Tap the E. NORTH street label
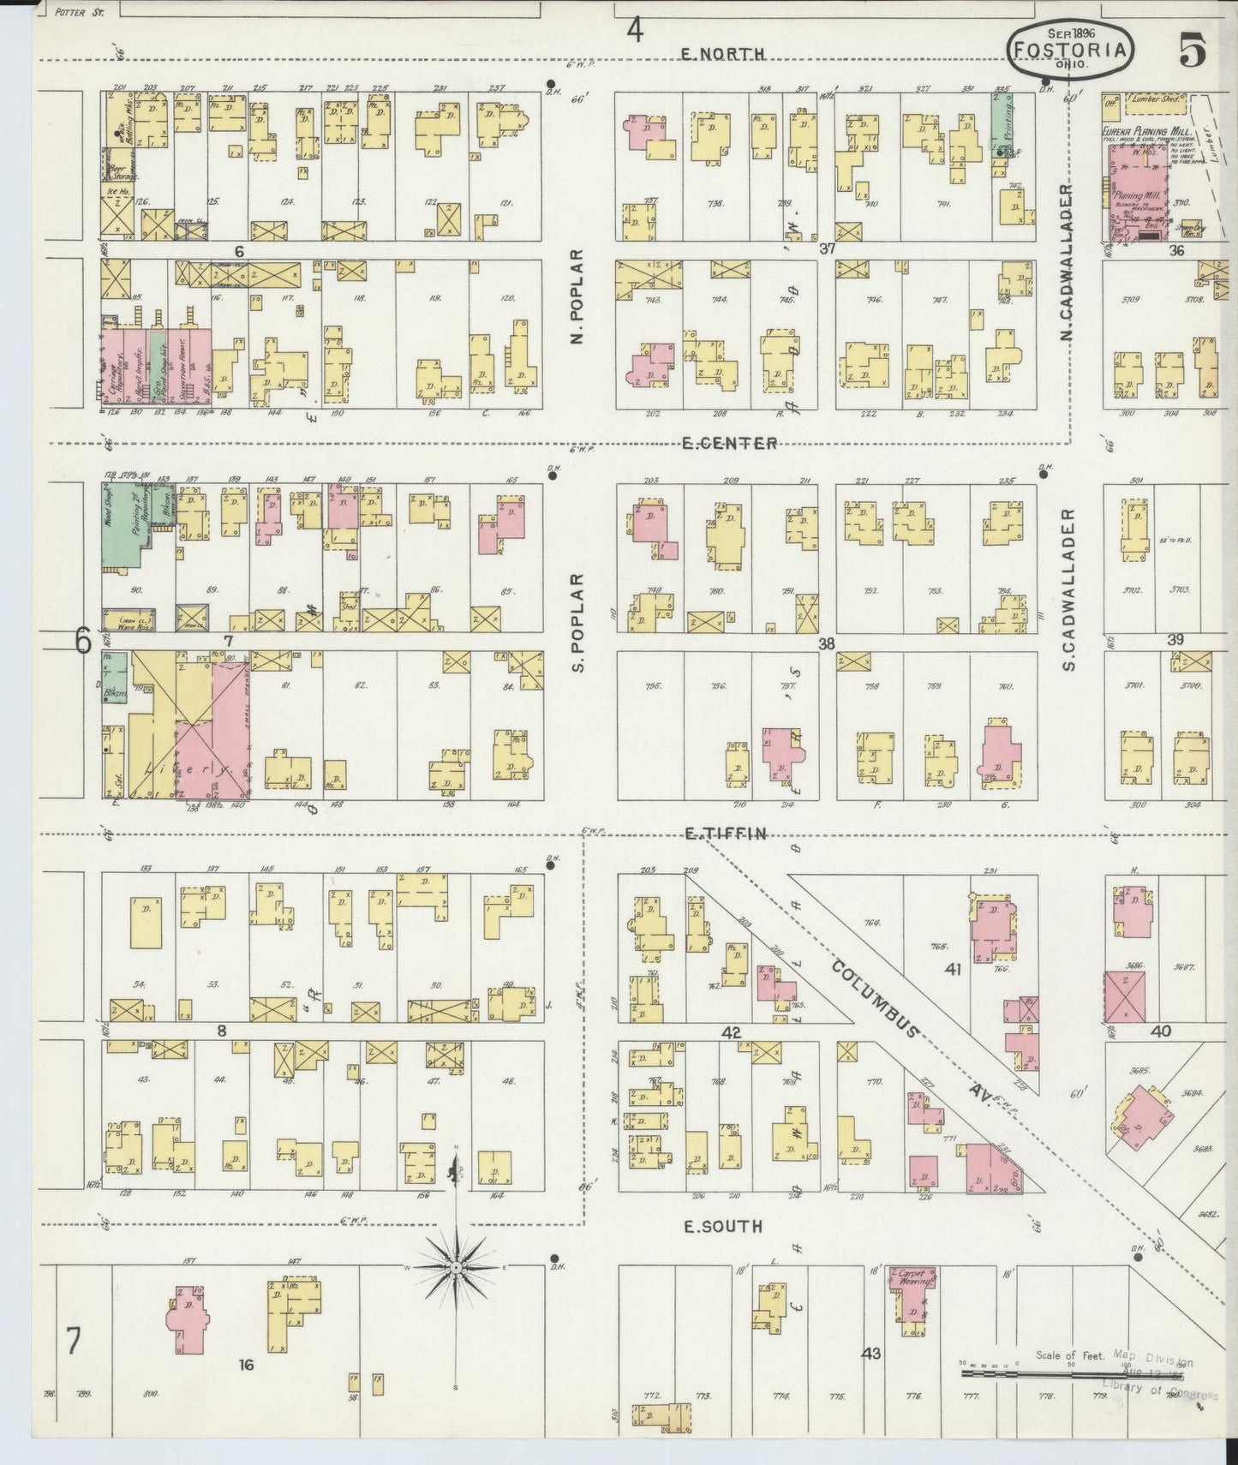[722, 54]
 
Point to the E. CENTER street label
[730, 443]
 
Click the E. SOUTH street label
[723, 1227]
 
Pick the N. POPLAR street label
[577, 297]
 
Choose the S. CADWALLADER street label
[1068, 589]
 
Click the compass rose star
[456, 1266]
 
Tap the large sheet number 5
[1192, 51]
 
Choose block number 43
[871, 1353]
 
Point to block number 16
[246, 1365]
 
